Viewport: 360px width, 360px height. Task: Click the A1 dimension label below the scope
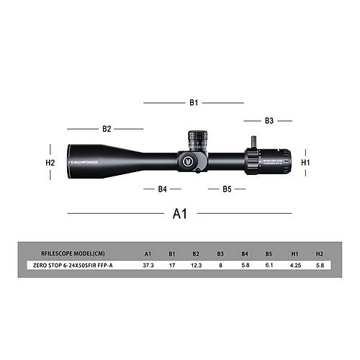click(179, 214)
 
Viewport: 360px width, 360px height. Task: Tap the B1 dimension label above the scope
click(194, 103)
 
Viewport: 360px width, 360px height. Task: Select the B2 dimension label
click(107, 129)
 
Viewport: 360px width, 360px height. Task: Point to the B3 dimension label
click(269, 121)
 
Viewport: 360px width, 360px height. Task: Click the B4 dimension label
click(162, 189)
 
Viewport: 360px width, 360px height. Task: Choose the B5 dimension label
click(226, 189)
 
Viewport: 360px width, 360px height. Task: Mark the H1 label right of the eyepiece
click(305, 163)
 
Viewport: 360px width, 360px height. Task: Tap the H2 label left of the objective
click(50, 163)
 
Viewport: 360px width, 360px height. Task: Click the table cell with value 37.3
click(148, 265)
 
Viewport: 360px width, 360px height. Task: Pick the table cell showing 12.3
click(196, 265)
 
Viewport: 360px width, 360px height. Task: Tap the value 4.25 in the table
click(295, 265)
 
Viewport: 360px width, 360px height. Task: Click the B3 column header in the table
click(220, 253)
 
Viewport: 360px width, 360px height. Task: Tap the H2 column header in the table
click(320, 253)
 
